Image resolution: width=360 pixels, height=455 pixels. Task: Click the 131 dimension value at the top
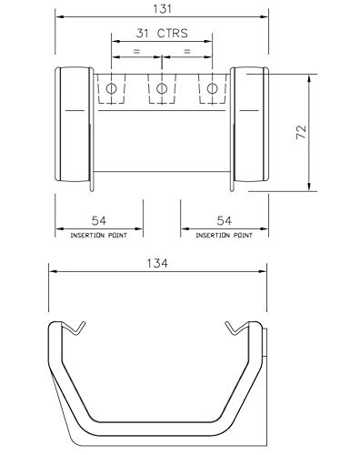pyautogui.click(x=163, y=9)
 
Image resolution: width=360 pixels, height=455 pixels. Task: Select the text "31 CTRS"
pyautogui.click(x=162, y=33)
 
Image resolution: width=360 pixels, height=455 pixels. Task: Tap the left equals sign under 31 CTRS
pyautogui.click(x=137, y=51)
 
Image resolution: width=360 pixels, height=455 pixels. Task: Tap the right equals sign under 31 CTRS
pyautogui.click(x=187, y=51)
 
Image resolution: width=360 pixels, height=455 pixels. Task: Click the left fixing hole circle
pyautogui.click(x=111, y=89)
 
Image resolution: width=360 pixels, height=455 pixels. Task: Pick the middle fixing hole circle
pyautogui.click(x=162, y=89)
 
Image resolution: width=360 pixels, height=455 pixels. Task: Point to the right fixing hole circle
pyautogui.click(x=212, y=89)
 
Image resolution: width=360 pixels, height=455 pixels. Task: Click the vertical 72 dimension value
pyautogui.click(x=301, y=132)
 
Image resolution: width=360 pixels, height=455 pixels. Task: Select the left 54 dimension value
pyautogui.click(x=99, y=220)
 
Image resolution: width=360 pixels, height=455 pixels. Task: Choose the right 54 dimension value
pyautogui.click(x=225, y=220)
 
